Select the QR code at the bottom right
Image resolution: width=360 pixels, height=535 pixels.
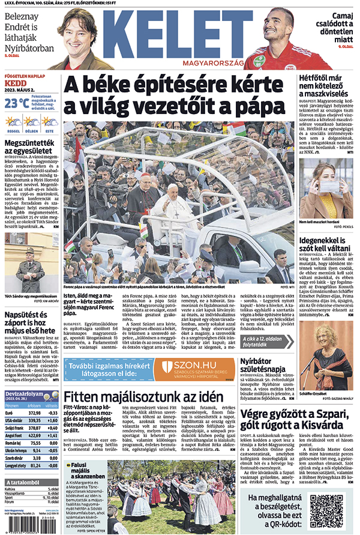[x=326, y=511]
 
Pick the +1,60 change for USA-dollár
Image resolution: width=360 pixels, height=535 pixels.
[x=53, y=421]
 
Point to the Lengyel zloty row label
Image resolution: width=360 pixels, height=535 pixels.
[x=16, y=465]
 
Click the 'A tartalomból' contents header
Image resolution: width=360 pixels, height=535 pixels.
[x=24, y=482]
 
